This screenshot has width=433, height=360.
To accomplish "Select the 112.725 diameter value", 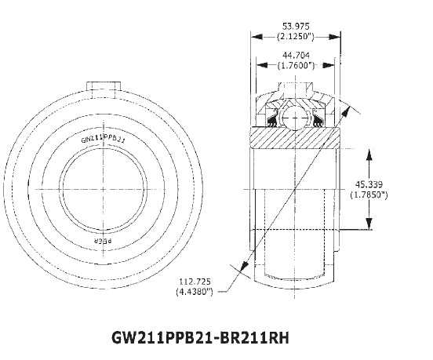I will pos(195,283).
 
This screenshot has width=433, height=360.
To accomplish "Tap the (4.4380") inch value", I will pos(195,293).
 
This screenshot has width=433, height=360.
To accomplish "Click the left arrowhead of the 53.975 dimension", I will pos(254,37).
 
